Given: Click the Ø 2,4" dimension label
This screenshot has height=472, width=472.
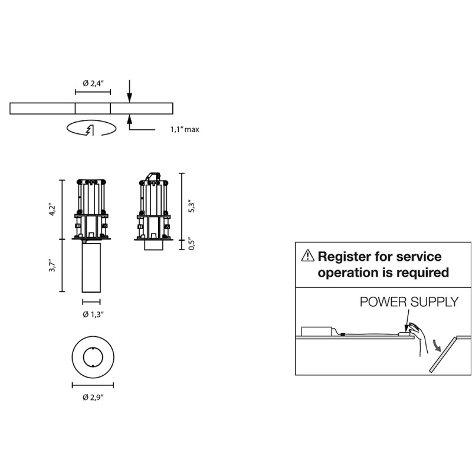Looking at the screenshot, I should [x=93, y=84].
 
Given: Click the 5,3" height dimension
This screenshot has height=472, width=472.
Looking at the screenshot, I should [x=191, y=206].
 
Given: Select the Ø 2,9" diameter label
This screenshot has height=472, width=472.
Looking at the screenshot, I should [x=93, y=396].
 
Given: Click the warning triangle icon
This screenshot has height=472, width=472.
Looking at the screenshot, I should [x=307, y=256].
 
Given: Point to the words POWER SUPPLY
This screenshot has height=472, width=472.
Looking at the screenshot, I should [x=409, y=302].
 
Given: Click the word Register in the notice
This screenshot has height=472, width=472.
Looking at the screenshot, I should [x=343, y=257].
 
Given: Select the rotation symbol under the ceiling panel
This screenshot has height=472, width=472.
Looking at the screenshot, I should [x=90, y=128].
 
